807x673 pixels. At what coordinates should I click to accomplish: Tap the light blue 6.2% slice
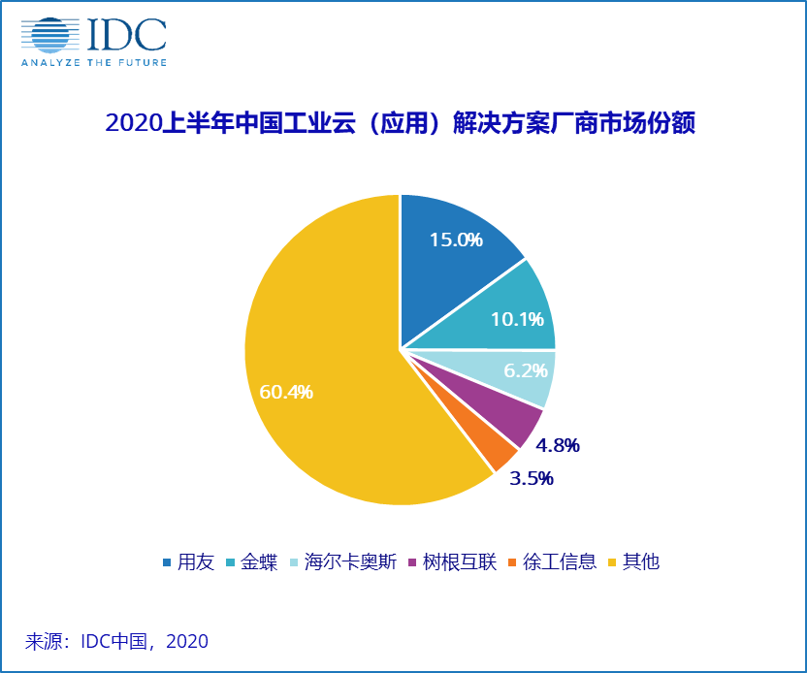504,373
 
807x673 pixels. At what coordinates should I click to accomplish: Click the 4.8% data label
557,446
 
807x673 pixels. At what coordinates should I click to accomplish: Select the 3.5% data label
531,478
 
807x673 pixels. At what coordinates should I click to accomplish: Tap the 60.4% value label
286,393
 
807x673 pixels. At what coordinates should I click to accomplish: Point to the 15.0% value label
457,239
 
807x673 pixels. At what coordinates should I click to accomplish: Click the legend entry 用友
188,562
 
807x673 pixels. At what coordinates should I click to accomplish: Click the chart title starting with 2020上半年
400,124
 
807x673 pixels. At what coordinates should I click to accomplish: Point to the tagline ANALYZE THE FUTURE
94,62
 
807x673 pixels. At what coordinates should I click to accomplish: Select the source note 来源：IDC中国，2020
116,641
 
